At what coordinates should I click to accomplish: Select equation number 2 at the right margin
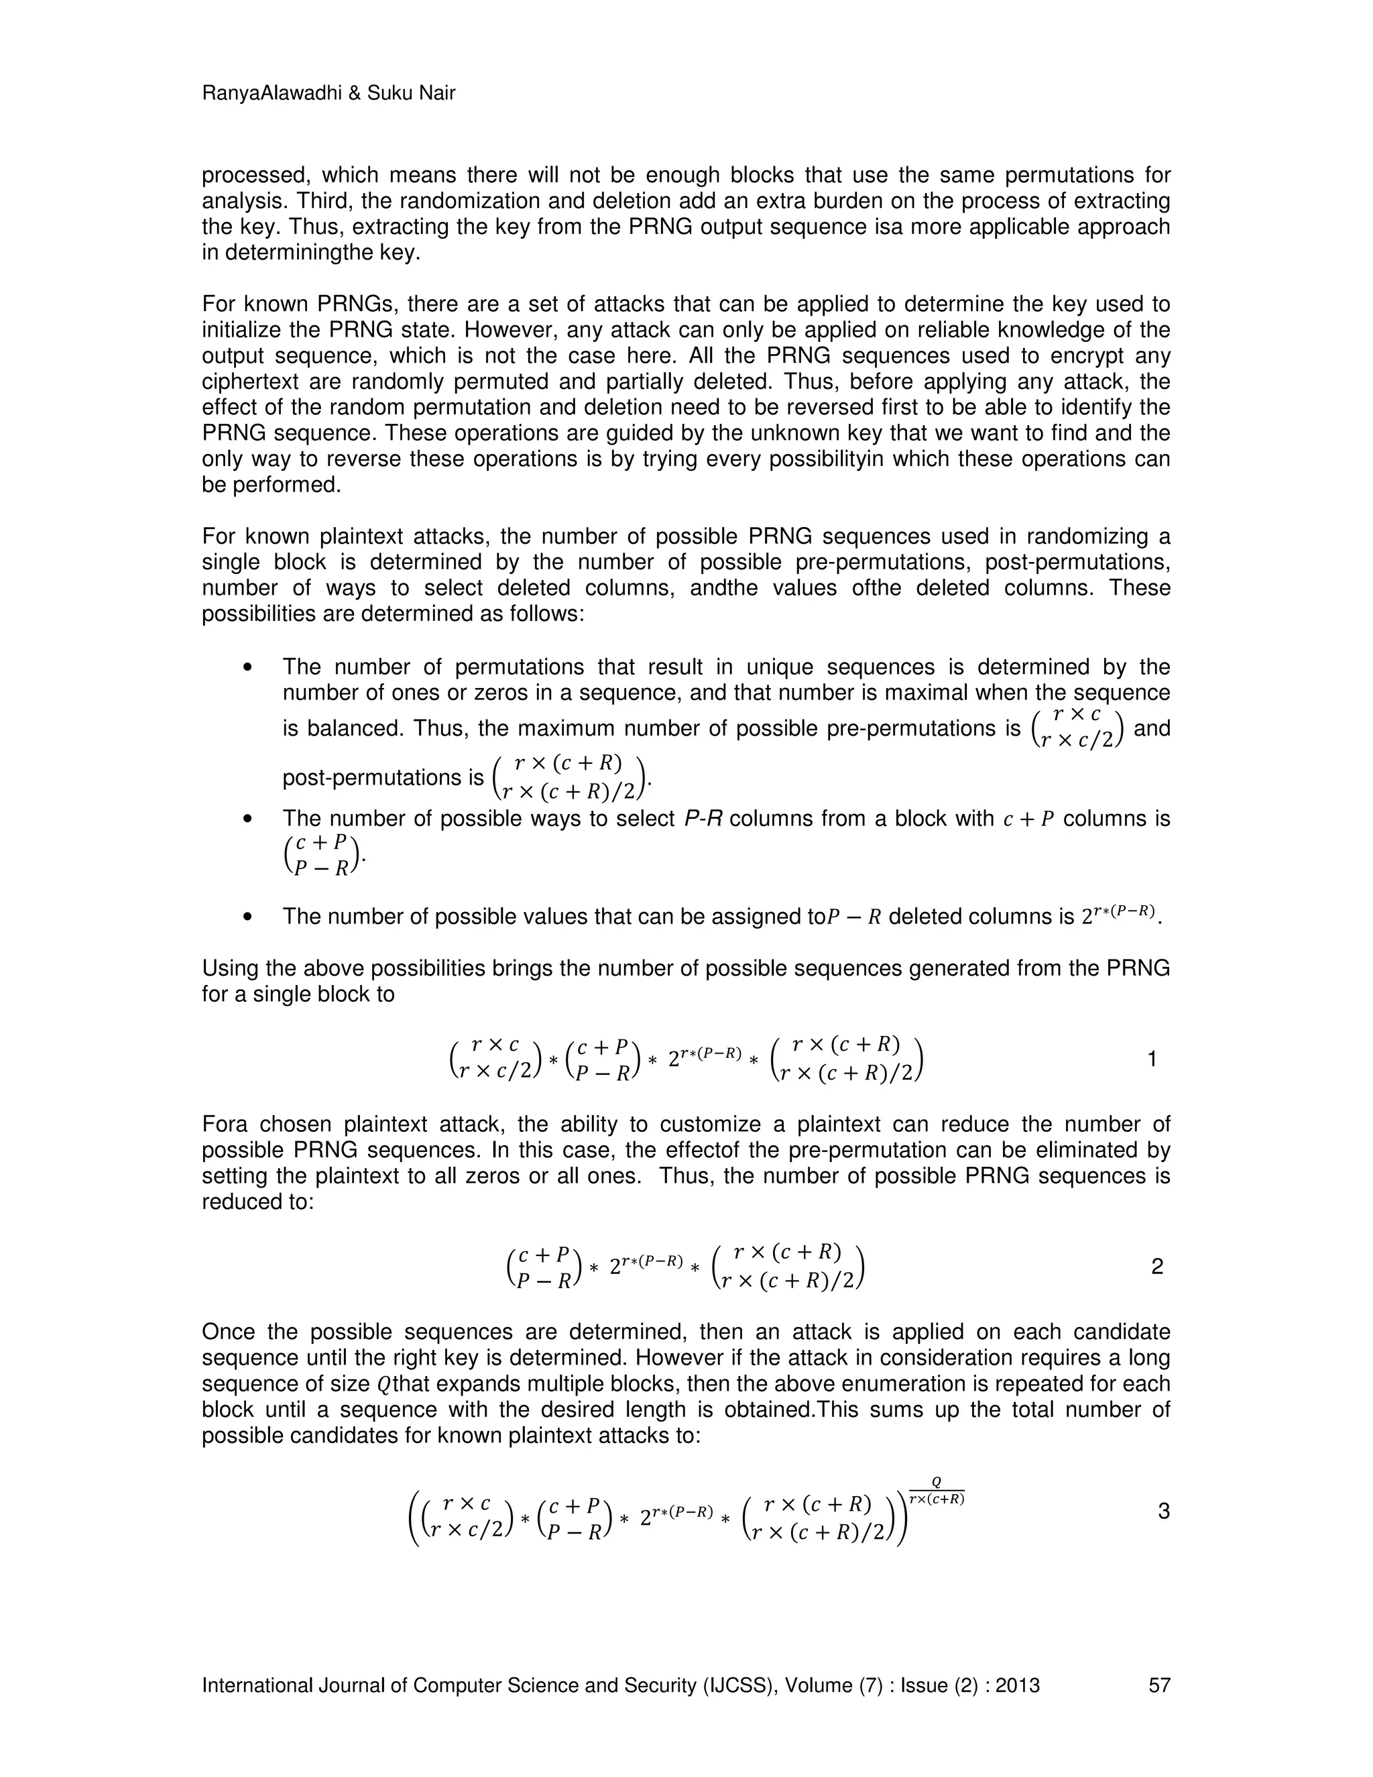point(1157,1266)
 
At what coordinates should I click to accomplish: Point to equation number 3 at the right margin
point(1163,1511)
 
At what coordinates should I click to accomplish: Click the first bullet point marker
point(249,668)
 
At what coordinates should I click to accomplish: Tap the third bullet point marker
point(249,917)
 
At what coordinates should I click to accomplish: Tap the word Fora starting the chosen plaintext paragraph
point(225,1125)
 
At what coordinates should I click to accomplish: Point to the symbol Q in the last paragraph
point(384,1384)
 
